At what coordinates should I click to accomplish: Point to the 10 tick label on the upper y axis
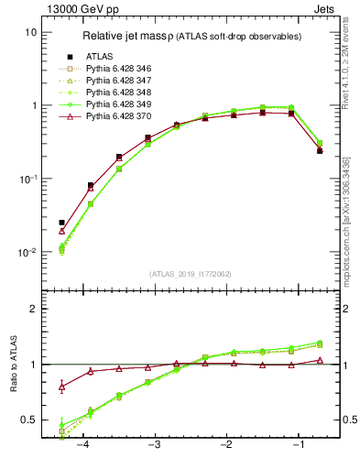click(30, 32)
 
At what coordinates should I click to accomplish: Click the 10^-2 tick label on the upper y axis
click(27, 252)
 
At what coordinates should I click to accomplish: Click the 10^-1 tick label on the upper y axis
click(27, 179)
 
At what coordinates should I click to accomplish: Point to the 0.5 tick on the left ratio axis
click(28, 420)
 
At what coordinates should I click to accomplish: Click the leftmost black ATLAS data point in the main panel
click(61, 223)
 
